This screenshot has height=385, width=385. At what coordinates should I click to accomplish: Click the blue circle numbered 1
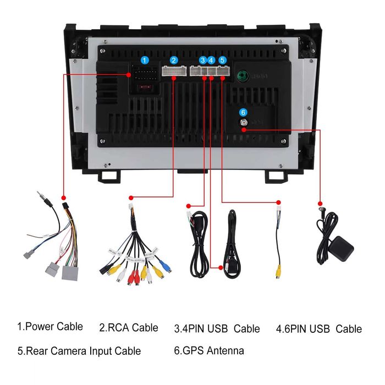[144, 60]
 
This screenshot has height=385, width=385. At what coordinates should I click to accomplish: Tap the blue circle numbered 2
[174, 60]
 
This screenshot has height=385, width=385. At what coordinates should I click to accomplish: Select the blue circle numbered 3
[203, 60]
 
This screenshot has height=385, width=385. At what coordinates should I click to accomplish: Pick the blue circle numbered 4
[211, 60]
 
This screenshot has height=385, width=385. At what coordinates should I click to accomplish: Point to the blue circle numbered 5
[222, 60]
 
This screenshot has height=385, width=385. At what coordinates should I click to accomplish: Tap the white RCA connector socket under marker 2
[173, 71]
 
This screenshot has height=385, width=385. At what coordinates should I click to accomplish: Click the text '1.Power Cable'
[50, 326]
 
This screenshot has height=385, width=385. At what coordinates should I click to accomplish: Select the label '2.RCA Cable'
[129, 328]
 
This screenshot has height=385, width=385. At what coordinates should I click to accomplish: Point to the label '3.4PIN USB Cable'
[217, 329]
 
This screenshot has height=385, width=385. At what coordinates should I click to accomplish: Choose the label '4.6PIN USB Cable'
[318, 329]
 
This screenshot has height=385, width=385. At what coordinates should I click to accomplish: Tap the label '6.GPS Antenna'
[209, 350]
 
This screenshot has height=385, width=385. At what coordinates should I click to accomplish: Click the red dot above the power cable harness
[64, 196]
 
